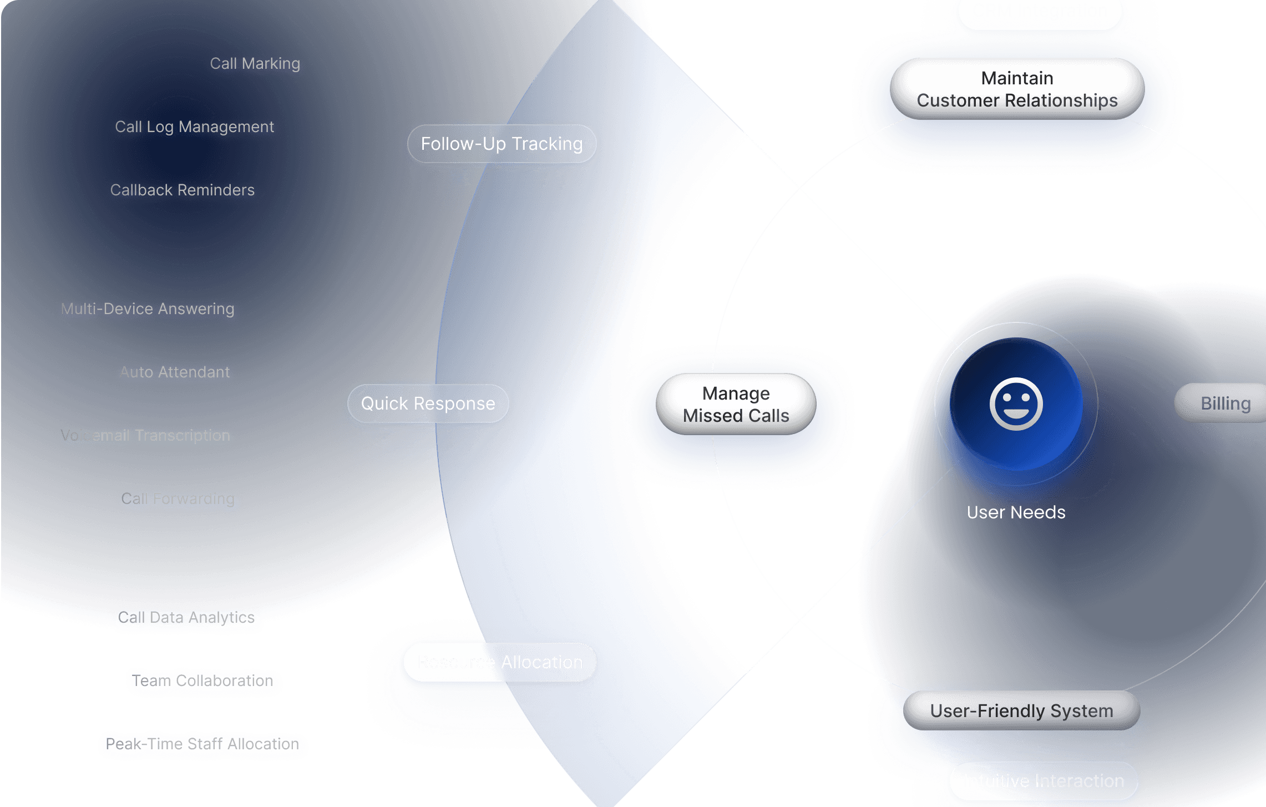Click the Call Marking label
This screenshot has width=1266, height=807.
tap(255, 64)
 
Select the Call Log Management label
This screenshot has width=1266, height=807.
tap(194, 127)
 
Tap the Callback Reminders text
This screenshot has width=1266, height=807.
tap(182, 190)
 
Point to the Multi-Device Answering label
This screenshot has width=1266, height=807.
tap(147, 309)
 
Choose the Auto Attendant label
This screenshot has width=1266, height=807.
tap(174, 372)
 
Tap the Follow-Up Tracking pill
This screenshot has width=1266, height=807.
tap(502, 144)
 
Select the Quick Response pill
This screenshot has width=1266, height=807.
tap(428, 404)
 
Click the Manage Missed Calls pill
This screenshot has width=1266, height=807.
tap(736, 405)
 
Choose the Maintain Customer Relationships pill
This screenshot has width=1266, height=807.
tap(1017, 89)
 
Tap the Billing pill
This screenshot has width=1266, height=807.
tap(1225, 404)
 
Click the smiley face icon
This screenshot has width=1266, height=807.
tap(1016, 405)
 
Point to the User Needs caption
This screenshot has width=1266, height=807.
tap(1016, 512)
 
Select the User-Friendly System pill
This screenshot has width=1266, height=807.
tap(1021, 711)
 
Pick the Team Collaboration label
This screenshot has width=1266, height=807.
tap(204, 681)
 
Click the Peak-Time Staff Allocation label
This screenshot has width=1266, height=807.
tap(202, 744)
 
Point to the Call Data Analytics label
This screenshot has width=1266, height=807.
tap(188, 618)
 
